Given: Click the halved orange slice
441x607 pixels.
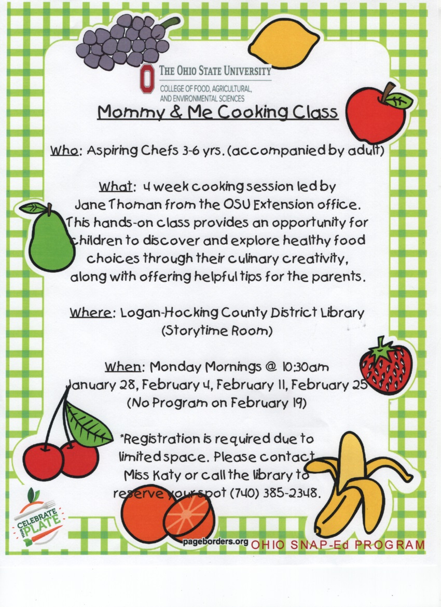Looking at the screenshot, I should pos(189,515).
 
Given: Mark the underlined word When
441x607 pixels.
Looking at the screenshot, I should pos(123,367).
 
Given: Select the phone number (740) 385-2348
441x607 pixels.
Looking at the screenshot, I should pos(275,493).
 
